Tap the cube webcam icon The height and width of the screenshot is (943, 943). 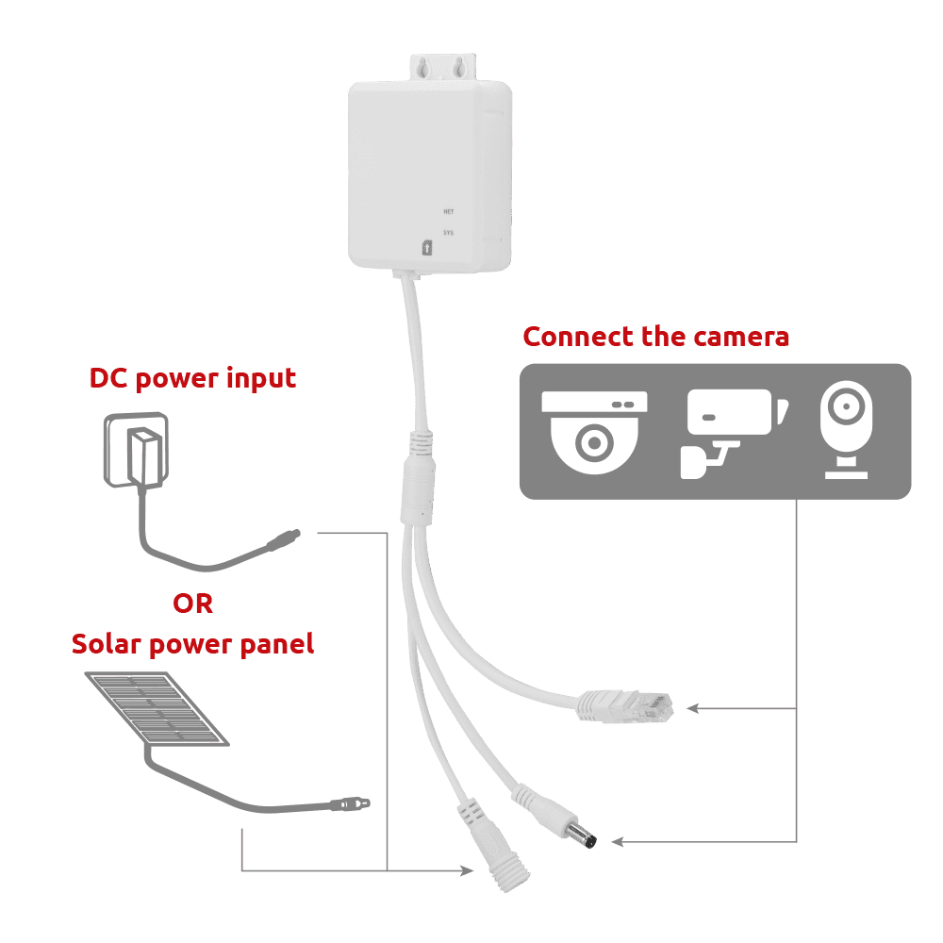845,429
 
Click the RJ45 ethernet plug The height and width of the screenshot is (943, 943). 625,705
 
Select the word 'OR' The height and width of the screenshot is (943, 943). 192,604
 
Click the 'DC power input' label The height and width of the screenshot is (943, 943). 192,379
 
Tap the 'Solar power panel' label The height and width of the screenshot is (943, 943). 192,645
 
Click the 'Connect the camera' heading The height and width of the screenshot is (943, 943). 656,337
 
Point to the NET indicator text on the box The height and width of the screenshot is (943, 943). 449,212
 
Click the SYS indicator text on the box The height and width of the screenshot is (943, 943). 449,233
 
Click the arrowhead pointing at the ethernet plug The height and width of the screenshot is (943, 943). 692,707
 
